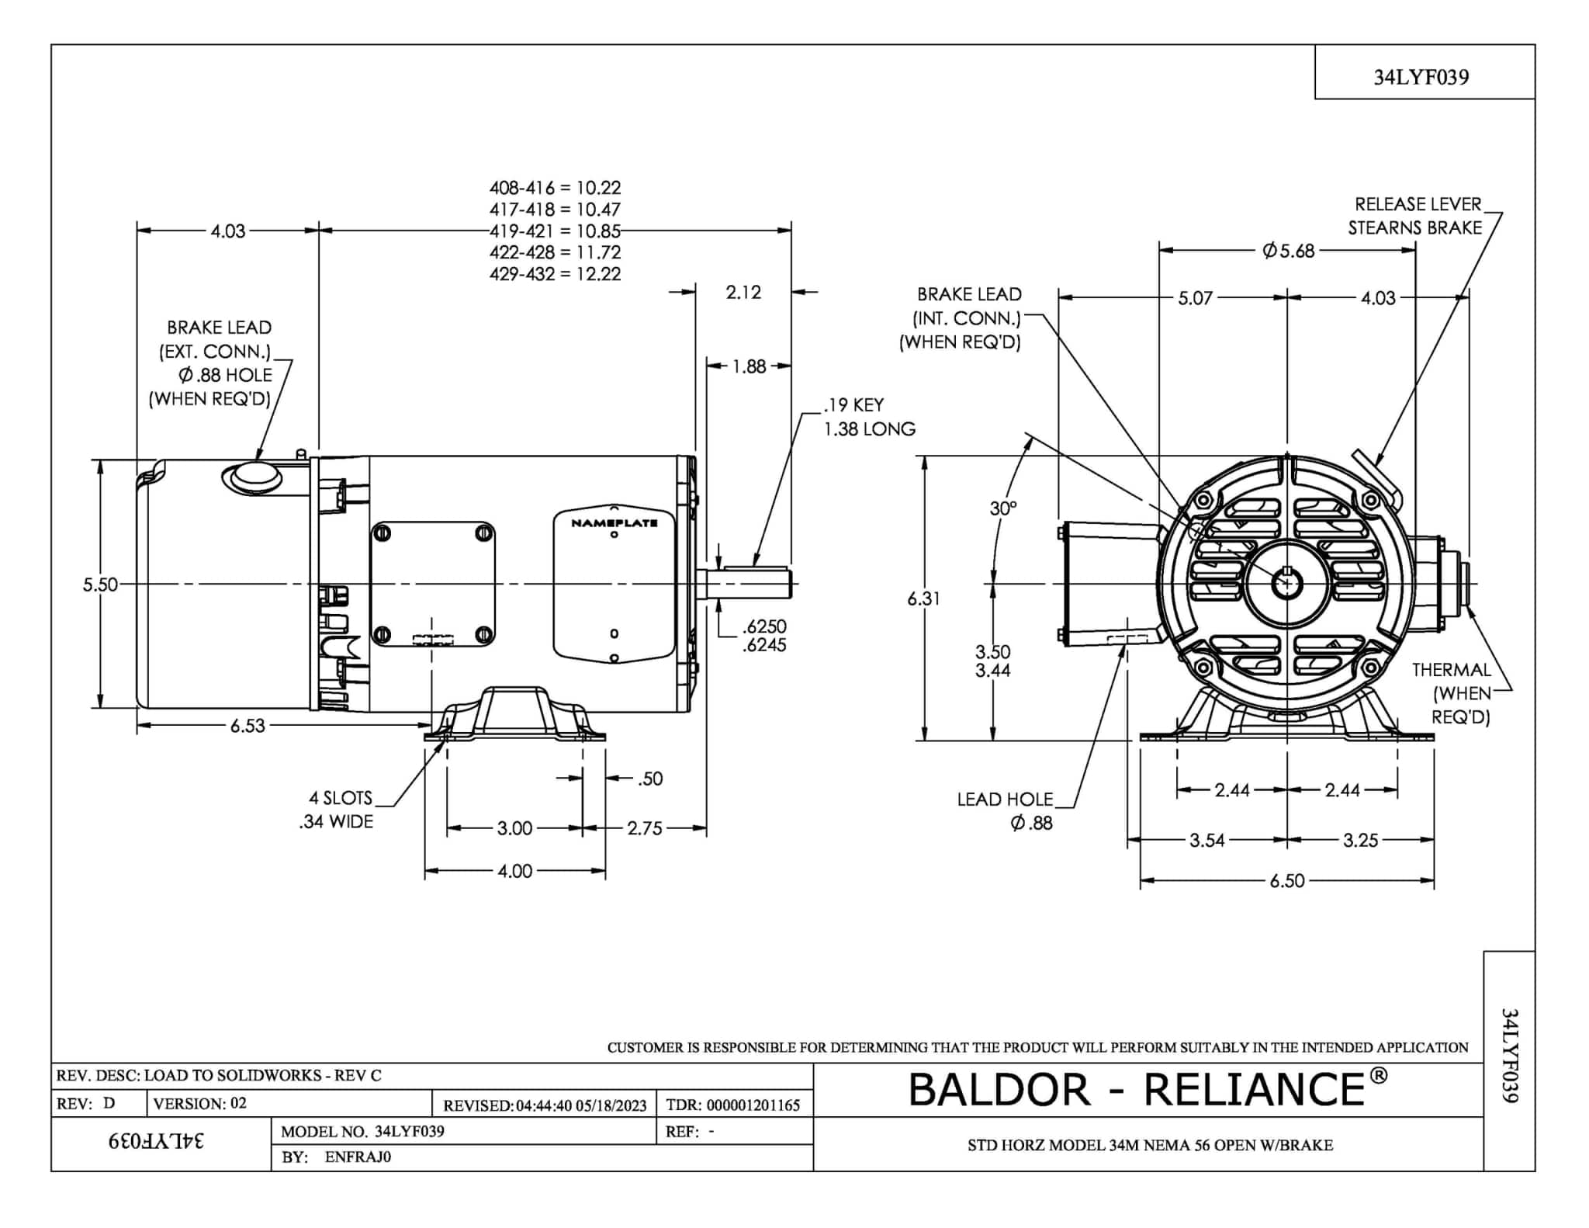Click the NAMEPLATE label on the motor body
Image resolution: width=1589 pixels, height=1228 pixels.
(614, 523)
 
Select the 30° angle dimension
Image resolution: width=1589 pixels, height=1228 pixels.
(1002, 508)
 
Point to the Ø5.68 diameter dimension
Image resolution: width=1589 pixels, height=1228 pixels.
(1288, 251)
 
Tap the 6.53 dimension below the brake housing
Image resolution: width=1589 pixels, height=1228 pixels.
(248, 726)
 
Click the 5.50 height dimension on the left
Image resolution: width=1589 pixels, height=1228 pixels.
(100, 585)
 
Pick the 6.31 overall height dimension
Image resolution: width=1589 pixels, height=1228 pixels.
(923, 598)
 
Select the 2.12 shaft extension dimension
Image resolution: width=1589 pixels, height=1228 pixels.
(743, 293)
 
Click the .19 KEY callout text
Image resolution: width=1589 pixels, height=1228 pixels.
(853, 405)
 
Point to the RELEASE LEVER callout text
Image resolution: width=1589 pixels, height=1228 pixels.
(1418, 204)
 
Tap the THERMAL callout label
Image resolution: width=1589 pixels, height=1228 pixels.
(1451, 670)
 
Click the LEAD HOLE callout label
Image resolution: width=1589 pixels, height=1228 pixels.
(1005, 800)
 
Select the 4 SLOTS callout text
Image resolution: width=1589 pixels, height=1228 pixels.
(341, 798)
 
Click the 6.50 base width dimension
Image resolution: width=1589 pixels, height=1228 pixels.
(1287, 881)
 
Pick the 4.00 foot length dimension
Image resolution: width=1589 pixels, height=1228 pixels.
(514, 872)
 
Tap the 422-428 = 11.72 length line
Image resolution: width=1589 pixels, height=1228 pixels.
(555, 252)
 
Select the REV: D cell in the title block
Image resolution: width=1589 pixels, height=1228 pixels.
(86, 1104)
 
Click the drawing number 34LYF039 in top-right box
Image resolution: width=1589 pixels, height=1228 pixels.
(1421, 77)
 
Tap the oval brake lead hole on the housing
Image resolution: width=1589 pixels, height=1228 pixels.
(253, 477)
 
